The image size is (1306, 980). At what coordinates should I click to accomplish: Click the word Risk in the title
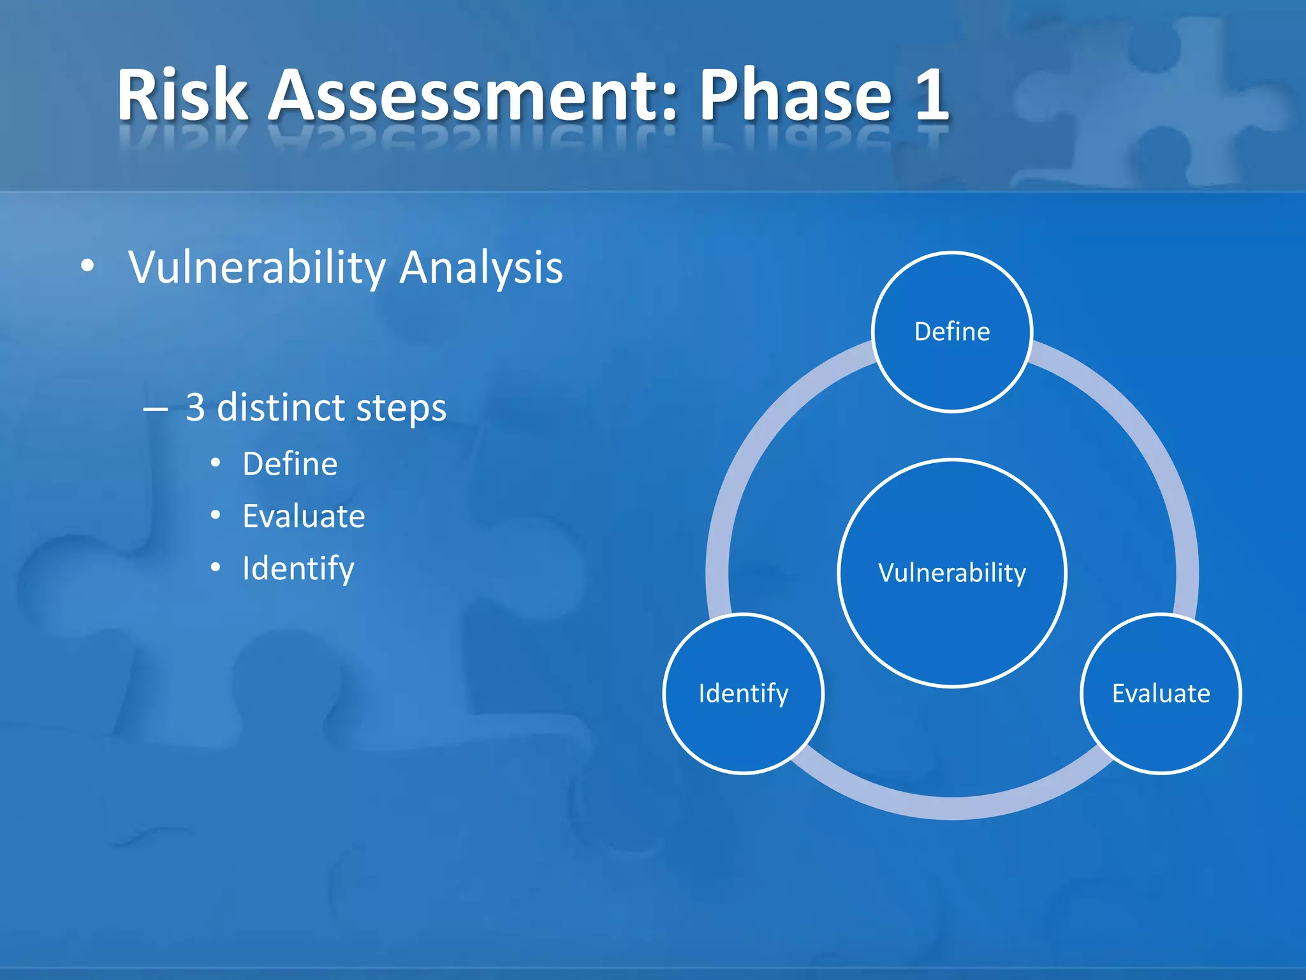[182, 96]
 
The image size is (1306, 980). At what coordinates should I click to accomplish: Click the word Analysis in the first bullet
[481, 267]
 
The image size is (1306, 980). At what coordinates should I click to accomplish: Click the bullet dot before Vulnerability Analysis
[88, 266]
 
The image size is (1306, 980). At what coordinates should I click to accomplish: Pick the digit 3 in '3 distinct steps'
[195, 407]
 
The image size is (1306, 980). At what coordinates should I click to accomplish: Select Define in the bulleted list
[290, 464]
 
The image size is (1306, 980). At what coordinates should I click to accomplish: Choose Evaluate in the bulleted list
[304, 516]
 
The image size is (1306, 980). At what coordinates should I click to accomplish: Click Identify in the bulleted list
[298, 568]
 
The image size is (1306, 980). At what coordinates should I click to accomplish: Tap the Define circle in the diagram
[951, 332]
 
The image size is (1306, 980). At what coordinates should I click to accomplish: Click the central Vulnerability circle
[951, 573]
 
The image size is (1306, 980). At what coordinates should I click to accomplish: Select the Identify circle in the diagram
[744, 694]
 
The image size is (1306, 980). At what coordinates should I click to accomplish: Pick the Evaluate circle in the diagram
[1161, 694]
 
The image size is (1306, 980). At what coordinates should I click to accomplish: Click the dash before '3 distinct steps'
[156, 409]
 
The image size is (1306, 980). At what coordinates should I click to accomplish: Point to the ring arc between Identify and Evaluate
[951, 808]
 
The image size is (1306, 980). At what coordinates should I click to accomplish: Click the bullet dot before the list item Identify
[216, 567]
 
